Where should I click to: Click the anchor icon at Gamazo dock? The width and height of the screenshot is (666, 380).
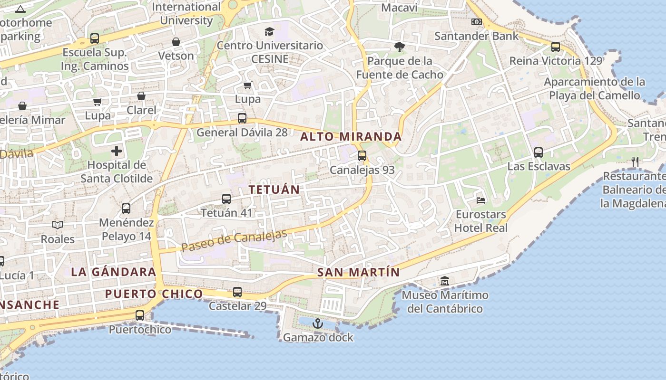tap(317, 323)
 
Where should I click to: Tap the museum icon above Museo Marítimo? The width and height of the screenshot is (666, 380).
tap(445, 281)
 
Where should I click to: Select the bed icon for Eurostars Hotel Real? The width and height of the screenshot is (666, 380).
tap(481, 200)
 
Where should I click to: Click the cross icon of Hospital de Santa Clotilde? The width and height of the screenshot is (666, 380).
tap(117, 152)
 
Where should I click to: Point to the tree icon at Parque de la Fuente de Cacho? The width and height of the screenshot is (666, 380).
tap(399, 47)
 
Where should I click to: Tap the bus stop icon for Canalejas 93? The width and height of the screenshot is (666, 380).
tap(362, 155)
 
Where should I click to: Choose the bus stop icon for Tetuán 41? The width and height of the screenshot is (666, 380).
tap(226, 199)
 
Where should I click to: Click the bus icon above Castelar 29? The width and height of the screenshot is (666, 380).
tap(237, 292)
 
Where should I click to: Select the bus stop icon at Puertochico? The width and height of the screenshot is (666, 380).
tap(140, 315)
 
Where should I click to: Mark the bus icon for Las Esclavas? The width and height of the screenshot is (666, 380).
tap(539, 152)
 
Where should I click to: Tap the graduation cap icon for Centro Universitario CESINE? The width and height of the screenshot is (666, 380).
tap(270, 32)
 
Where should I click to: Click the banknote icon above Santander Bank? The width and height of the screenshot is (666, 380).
tap(476, 22)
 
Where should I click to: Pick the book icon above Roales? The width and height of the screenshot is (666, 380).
tap(58, 225)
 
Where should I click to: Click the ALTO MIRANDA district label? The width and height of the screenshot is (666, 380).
tap(351, 137)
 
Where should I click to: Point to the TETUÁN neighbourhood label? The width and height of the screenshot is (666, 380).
tap(274, 190)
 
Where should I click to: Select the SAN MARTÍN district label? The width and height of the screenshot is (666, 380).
tap(358, 273)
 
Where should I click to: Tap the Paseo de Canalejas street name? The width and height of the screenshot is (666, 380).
tap(234, 241)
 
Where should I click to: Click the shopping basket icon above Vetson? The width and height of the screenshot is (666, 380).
tap(176, 42)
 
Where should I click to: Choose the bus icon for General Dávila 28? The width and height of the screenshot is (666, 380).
tap(242, 118)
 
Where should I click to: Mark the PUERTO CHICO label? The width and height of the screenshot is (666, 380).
tap(154, 294)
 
